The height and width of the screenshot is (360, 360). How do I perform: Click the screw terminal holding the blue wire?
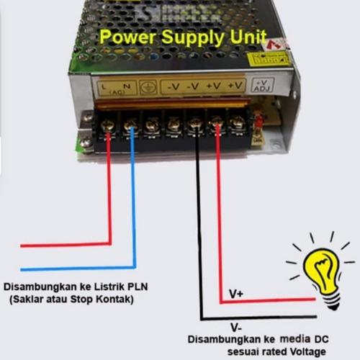click(130, 127)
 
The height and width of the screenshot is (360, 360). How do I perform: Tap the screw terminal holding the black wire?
click(195, 127)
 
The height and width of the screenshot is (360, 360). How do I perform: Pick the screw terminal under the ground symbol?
click(152, 127)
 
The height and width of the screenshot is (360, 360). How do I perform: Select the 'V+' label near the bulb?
click(236, 294)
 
